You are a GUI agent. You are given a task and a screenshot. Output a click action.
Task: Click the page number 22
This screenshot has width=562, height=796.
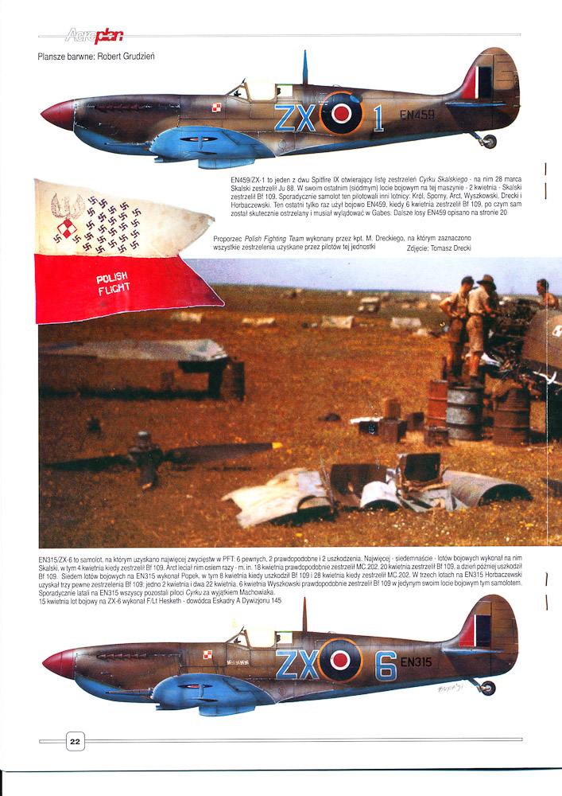point(76,743)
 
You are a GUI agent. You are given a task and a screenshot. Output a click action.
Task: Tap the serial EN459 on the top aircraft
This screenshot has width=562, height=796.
point(417,115)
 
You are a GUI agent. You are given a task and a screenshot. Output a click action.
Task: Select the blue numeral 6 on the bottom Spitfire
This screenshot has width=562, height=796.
point(386,665)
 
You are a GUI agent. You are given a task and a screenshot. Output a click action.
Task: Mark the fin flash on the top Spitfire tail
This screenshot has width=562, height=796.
point(482,83)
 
